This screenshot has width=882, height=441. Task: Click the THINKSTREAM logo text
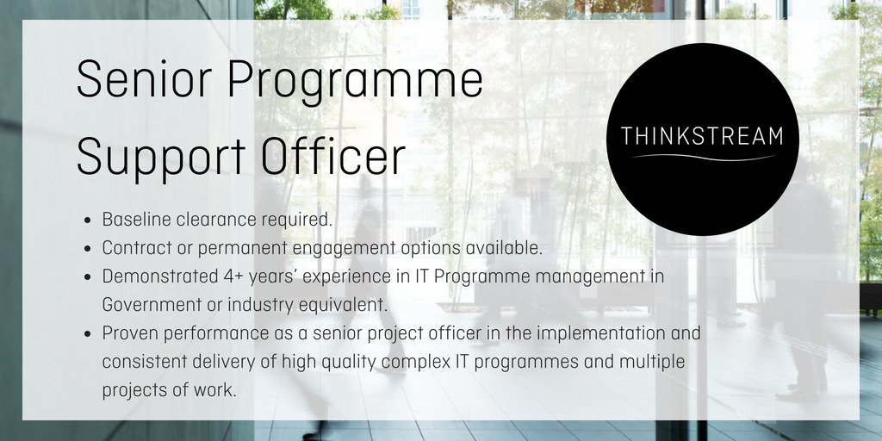pyautogui.click(x=702, y=136)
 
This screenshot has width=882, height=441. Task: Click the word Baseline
pyautogui.click(x=136, y=220)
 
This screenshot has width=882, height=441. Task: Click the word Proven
pyautogui.click(x=129, y=332)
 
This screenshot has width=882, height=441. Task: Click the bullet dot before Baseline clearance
pyautogui.click(x=89, y=220)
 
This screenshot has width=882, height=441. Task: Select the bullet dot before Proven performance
pyautogui.click(x=89, y=333)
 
